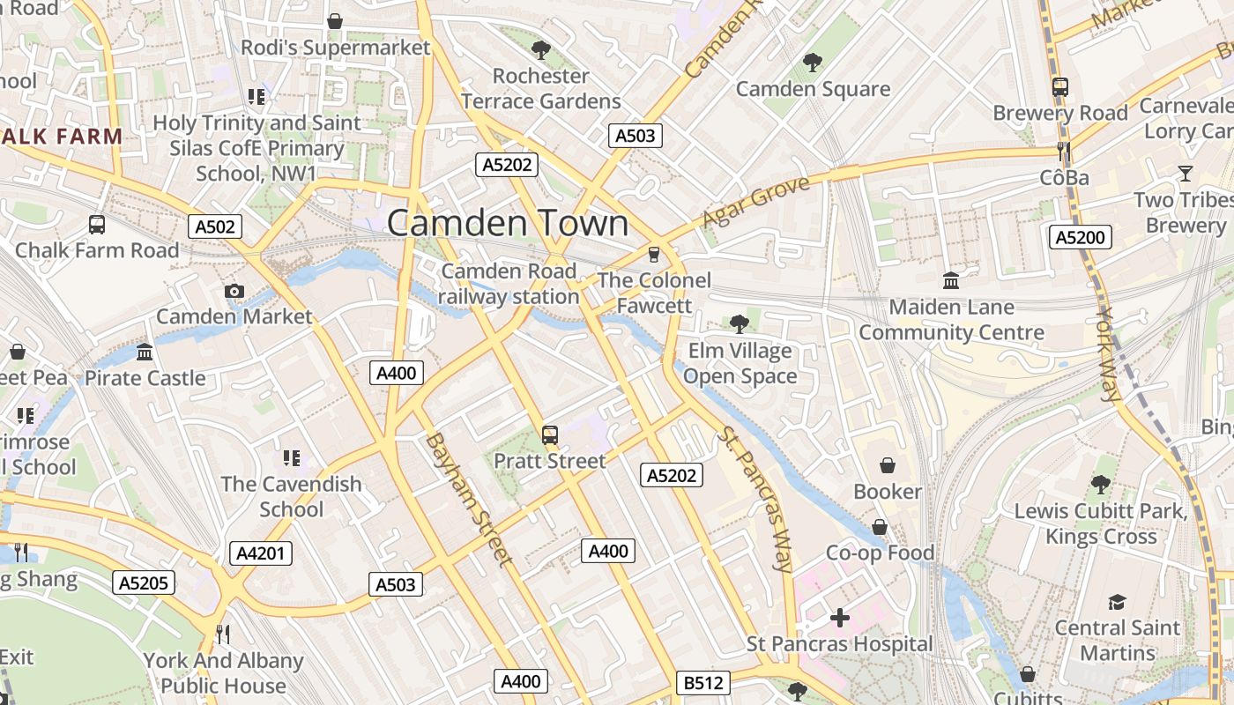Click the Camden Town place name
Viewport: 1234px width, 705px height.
pyautogui.click(x=508, y=223)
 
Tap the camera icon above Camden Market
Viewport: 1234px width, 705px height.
pyautogui.click(x=234, y=291)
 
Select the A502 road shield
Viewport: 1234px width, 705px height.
pyautogui.click(x=215, y=227)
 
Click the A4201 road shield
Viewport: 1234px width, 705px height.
pyautogui.click(x=261, y=553)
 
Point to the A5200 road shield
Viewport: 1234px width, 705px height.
pyautogui.click(x=1081, y=236)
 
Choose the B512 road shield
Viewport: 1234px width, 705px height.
pyautogui.click(x=702, y=682)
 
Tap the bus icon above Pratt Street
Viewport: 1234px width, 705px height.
pyautogui.click(x=550, y=434)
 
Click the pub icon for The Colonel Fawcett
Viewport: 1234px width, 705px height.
pyautogui.click(x=653, y=255)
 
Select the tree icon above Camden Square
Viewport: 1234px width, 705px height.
pyautogui.click(x=812, y=63)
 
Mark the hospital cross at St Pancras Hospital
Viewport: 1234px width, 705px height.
pyautogui.click(x=840, y=618)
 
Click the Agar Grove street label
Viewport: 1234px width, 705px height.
pyautogui.click(x=755, y=202)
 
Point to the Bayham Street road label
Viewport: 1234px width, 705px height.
pyautogui.click(x=468, y=499)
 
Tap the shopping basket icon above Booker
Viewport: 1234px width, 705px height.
pyautogui.click(x=888, y=464)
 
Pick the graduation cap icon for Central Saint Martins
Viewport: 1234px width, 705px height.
pyautogui.click(x=1117, y=602)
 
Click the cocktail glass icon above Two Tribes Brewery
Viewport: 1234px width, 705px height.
pyautogui.click(x=1186, y=173)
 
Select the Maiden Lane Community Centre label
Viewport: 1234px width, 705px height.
pyautogui.click(x=951, y=320)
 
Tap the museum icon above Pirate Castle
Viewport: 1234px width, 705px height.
pyautogui.click(x=145, y=352)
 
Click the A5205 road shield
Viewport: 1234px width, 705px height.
pyautogui.click(x=144, y=583)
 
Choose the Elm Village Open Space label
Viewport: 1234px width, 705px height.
pyautogui.click(x=740, y=364)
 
